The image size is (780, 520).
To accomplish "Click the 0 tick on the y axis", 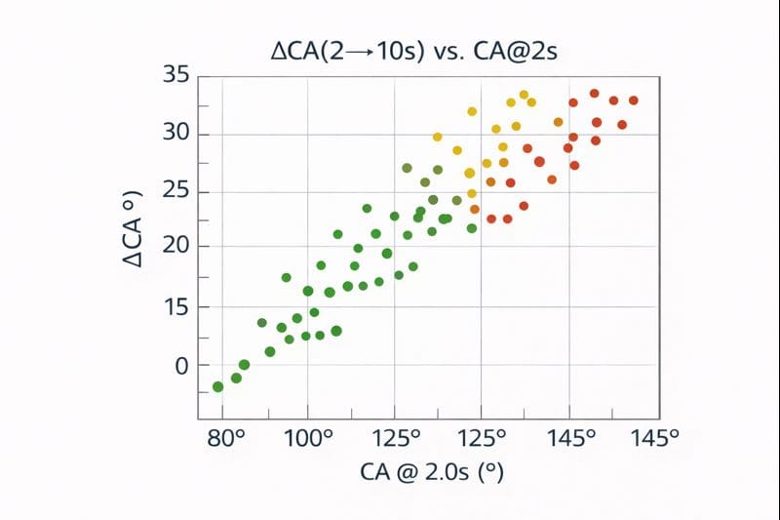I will tap(178, 365).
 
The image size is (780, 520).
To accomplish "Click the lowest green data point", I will tap(217, 387).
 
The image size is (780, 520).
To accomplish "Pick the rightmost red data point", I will tap(634, 100).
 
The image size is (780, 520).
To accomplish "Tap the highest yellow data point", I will tap(524, 96).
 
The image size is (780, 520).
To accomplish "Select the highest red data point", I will tap(594, 94).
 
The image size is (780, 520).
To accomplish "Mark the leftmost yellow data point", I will tap(438, 137).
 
